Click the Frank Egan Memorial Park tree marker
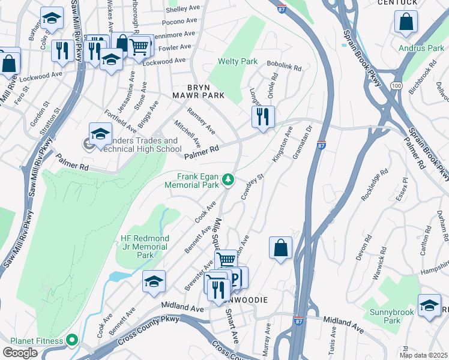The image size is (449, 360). tap(228, 179)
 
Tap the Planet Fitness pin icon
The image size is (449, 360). tap(73, 341)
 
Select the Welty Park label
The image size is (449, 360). tap(238, 61)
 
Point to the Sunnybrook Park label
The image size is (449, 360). tap(384, 316)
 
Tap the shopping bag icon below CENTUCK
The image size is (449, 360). tap(406, 22)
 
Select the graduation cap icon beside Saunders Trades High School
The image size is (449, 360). tap(100, 134)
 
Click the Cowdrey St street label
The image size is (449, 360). tap(252, 188)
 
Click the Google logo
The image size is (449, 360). tap(20, 353)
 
